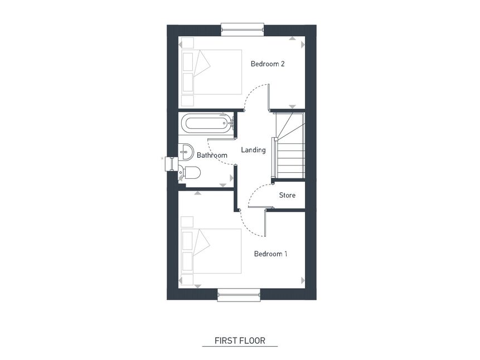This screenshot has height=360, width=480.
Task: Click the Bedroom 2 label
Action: [268, 64]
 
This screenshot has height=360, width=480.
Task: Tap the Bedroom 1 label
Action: [270, 254]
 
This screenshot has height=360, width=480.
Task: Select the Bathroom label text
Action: [212, 155]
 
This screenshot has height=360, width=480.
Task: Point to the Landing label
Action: [253, 150]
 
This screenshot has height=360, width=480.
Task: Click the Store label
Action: [287, 196]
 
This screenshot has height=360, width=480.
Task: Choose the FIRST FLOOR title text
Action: [240, 340]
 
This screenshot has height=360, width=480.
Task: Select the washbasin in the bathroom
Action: [186, 150]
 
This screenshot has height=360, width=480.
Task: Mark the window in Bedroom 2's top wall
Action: [242, 27]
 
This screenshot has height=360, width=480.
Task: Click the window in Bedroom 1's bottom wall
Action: [239, 295]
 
